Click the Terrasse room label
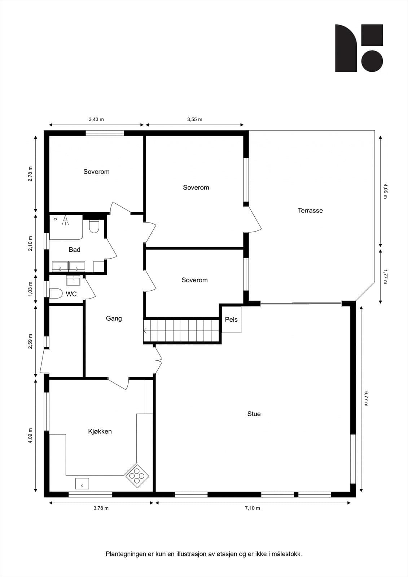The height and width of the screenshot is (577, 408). click(310, 211)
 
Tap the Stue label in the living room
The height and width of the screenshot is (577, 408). click(254, 414)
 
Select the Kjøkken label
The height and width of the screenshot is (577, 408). click(100, 431)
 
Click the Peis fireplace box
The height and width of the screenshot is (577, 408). click(231, 320)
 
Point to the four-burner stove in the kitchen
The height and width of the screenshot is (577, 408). click(137, 476)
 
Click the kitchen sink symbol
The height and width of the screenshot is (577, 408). click(82, 483)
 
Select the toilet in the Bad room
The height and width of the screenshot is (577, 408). click(94, 226)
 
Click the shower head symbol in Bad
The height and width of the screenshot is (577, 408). click(65, 220)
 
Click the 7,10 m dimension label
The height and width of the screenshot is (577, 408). click(253, 508)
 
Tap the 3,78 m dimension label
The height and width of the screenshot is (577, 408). click(101, 508)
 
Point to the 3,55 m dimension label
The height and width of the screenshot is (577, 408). click(195, 119)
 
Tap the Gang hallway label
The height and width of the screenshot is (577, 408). click(114, 318)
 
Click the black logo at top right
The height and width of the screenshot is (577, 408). click(359, 48)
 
